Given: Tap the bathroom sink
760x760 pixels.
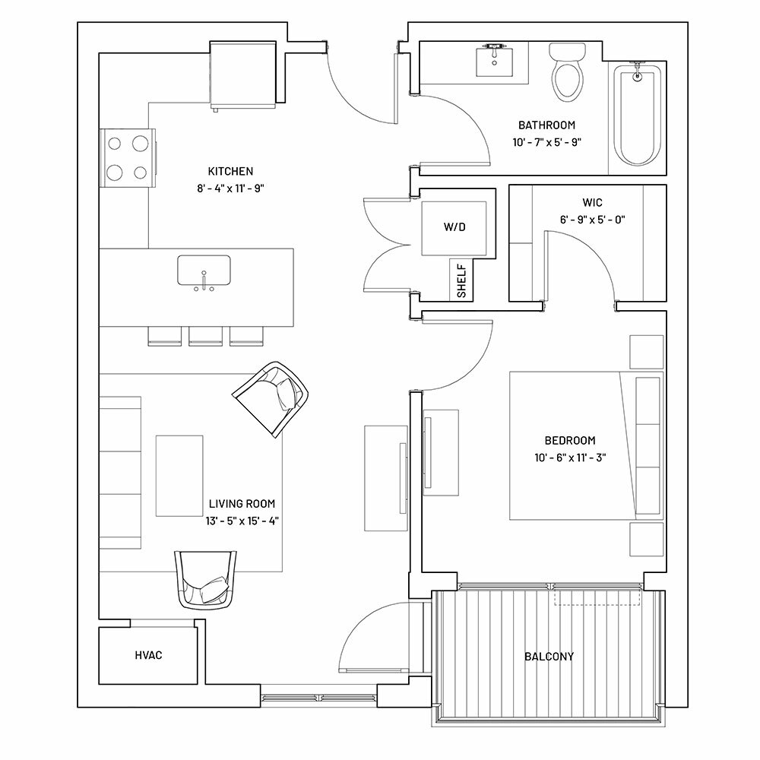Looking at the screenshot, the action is click(x=494, y=60).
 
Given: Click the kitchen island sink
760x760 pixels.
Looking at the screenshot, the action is click(x=204, y=273).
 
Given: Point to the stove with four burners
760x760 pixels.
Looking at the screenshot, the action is click(x=128, y=157).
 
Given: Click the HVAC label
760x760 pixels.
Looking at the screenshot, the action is click(x=148, y=655).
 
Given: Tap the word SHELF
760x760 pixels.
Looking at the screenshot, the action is click(x=461, y=281).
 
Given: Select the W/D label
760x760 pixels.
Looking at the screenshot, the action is click(x=454, y=226).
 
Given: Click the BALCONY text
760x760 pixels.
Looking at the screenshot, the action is click(x=549, y=657).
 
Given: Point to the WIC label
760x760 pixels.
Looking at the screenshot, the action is click(x=592, y=203).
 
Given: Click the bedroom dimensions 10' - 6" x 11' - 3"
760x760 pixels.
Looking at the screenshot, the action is click(x=570, y=458).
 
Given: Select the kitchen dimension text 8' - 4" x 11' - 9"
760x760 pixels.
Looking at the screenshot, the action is click(x=230, y=188).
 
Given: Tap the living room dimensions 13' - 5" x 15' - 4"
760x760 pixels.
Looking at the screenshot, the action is click(x=242, y=521).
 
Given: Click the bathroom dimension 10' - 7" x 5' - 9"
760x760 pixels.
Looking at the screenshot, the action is click(x=546, y=142).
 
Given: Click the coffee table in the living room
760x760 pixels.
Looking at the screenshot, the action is click(x=179, y=476).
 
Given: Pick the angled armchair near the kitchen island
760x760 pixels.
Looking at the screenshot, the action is click(x=271, y=399).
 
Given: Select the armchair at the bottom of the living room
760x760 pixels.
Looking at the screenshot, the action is click(x=205, y=580).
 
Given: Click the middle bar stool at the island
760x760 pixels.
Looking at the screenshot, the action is click(x=205, y=336).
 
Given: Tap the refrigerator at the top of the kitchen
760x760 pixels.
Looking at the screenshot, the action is click(x=243, y=76).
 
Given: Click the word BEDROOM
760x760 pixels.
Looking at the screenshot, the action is click(x=570, y=441).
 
